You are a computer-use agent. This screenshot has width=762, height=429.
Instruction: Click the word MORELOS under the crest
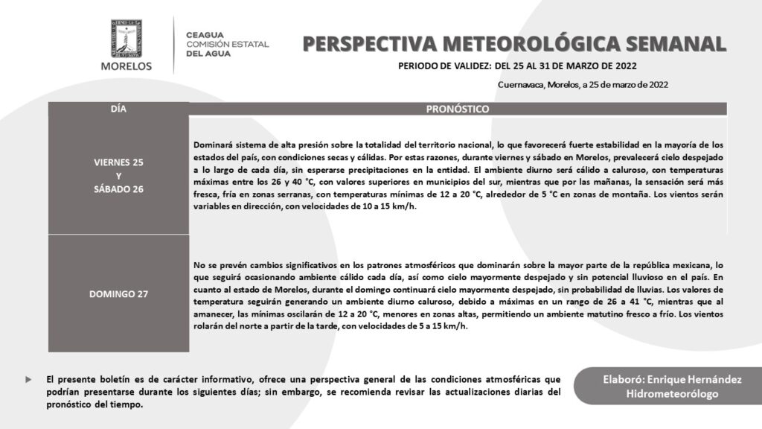(x=126, y=66)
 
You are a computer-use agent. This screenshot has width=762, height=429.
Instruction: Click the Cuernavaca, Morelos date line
(x=583, y=85)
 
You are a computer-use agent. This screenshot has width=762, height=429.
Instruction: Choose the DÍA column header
(x=118, y=109)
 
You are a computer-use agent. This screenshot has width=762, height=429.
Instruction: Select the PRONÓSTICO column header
(x=457, y=109)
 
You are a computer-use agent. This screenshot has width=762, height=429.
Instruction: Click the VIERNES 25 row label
(x=118, y=162)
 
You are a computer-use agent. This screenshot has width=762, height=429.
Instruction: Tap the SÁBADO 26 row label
(x=118, y=189)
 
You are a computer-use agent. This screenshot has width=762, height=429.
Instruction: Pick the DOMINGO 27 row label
(x=118, y=293)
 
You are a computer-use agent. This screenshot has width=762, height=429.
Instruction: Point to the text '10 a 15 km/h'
(x=387, y=206)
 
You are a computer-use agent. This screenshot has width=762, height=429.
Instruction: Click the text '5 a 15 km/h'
(x=439, y=327)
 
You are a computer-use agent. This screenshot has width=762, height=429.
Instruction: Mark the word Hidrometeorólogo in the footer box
(x=672, y=395)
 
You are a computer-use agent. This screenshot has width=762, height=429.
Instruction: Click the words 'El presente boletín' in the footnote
(x=86, y=379)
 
